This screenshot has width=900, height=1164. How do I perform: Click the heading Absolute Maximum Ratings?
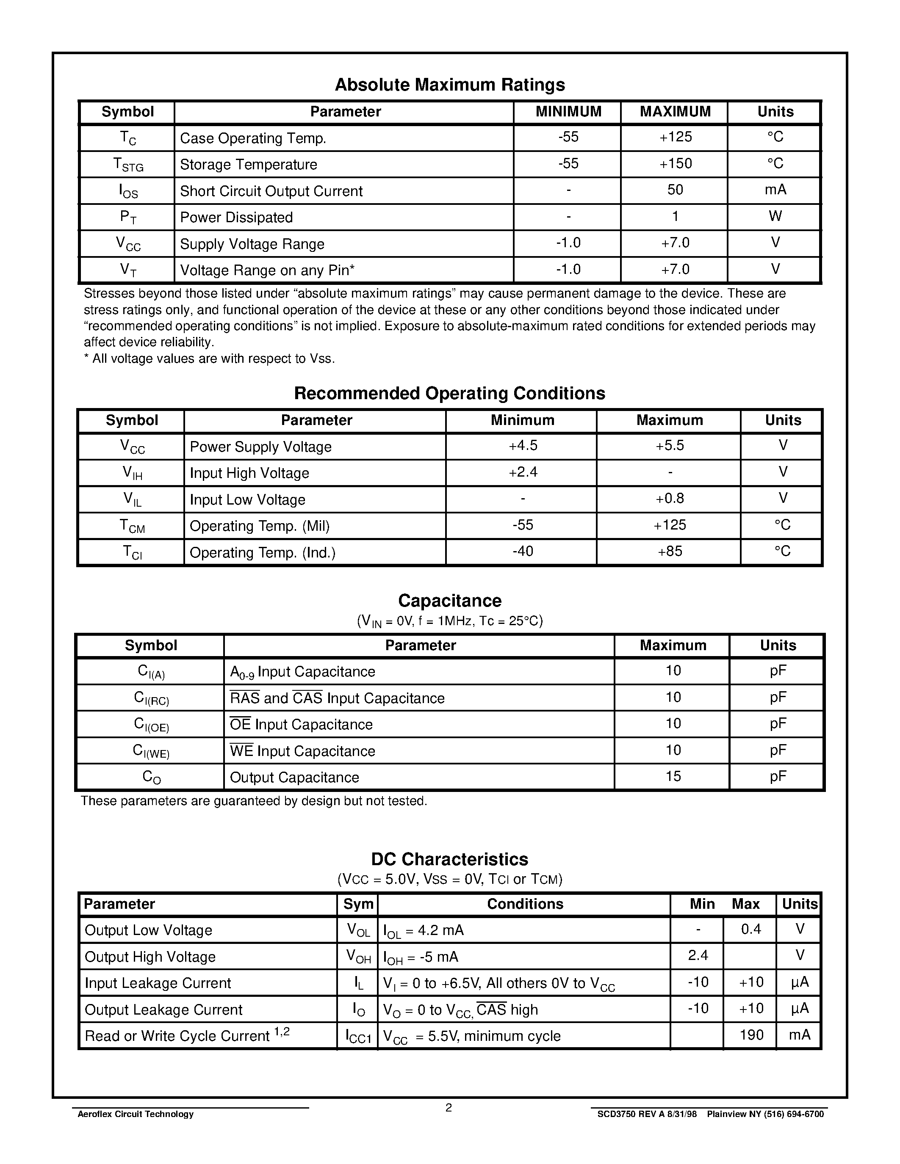click(x=449, y=85)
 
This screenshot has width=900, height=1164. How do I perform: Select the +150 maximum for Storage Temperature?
click(x=675, y=164)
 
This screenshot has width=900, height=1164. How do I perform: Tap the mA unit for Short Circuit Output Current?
click(x=775, y=190)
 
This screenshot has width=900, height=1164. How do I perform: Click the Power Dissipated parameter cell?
click(x=236, y=218)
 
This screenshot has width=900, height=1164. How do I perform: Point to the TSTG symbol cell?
click(x=128, y=165)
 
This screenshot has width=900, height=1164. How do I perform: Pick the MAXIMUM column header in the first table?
click(x=675, y=112)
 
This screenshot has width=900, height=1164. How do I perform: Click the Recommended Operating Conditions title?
click(x=449, y=393)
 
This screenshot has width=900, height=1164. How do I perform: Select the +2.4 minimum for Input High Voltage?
click(x=523, y=473)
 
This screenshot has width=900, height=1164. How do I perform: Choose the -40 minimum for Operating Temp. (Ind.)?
click(x=523, y=552)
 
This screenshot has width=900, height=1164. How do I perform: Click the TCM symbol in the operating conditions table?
click(x=132, y=527)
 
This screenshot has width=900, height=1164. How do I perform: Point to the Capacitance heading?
click(x=449, y=601)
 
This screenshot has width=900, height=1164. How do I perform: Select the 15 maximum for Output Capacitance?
click(x=673, y=777)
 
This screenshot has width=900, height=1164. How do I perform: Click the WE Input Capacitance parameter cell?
click(x=302, y=751)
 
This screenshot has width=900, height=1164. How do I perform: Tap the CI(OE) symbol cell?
click(x=151, y=725)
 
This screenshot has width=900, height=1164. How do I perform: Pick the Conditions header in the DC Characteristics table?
click(x=525, y=904)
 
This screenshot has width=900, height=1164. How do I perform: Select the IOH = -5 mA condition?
click(x=420, y=957)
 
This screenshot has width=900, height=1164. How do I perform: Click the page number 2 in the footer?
click(x=449, y=1108)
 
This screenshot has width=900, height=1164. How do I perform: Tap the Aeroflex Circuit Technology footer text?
click(x=136, y=1114)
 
